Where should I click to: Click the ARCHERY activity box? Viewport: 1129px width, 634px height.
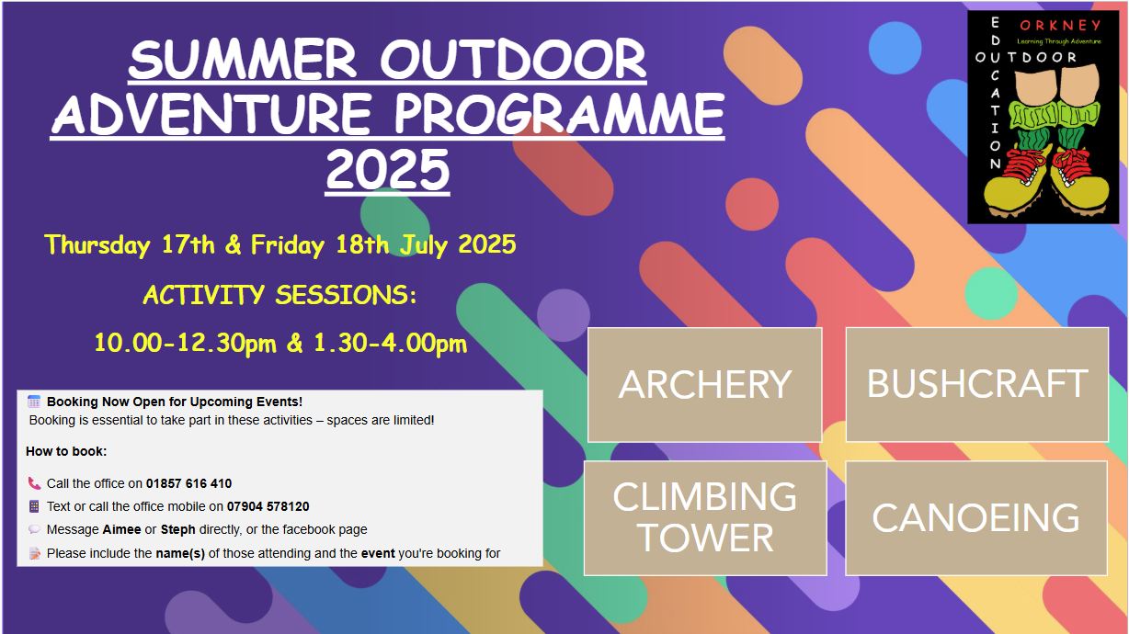704,385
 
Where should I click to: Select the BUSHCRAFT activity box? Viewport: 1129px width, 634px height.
976,385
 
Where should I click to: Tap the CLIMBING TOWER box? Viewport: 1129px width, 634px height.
705,517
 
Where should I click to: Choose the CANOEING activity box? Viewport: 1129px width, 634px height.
976,517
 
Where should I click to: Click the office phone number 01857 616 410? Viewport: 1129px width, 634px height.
189,483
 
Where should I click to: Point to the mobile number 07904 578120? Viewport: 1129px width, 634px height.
268,506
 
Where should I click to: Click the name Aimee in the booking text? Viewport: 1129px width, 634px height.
121,530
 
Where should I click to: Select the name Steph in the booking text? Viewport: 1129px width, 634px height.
178,530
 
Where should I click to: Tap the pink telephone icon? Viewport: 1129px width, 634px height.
34,483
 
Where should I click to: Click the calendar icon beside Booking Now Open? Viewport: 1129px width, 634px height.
34,402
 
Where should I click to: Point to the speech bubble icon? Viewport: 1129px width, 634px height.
34,529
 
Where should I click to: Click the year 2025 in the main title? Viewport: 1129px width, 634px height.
388,169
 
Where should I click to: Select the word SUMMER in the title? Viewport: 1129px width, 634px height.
243,60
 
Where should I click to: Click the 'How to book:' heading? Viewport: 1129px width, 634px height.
66,451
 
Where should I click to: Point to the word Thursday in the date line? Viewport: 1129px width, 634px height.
97,245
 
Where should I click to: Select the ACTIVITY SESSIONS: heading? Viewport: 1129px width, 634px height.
280,295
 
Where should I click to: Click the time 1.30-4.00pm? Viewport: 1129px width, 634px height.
390,344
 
